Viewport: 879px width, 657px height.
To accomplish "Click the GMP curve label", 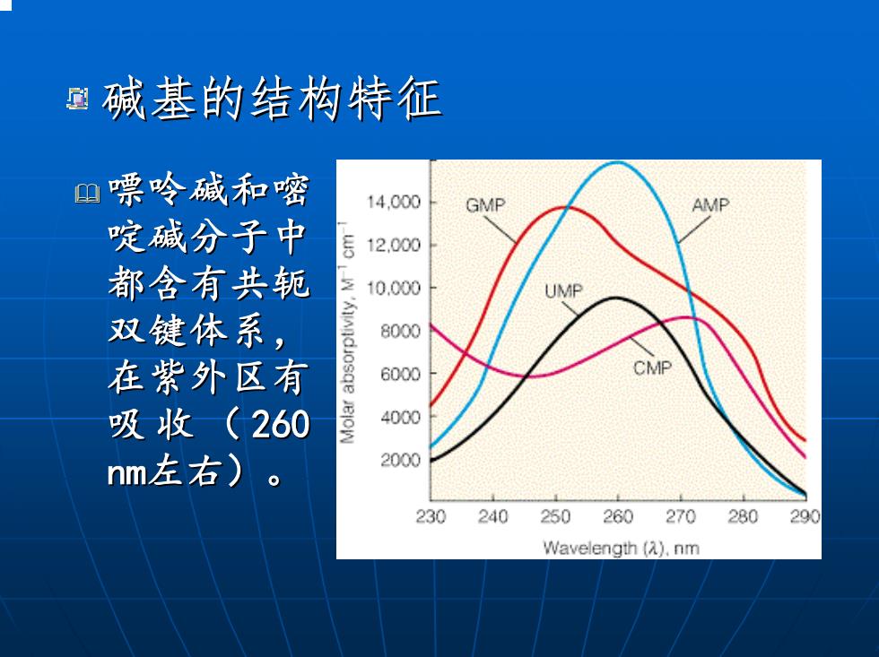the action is click(485, 205).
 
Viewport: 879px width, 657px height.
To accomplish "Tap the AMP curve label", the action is click(710, 205).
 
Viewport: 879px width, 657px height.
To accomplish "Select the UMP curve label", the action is click(563, 290).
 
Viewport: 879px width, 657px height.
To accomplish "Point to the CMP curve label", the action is click(652, 368).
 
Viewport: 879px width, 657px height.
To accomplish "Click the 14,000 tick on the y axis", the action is click(394, 202).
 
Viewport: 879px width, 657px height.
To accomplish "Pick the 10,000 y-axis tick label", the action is click(394, 288).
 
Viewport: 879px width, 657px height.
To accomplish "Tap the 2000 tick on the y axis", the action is click(400, 460).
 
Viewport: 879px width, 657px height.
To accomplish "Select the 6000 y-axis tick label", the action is click(400, 374).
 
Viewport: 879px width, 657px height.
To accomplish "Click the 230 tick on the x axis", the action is click(431, 516).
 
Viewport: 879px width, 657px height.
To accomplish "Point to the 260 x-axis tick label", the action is click(618, 516).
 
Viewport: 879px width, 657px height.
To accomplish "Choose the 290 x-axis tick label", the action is click(805, 516).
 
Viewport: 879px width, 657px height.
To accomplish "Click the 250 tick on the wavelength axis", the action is click(555, 516).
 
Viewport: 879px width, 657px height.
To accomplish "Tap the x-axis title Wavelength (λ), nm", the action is click(621, 548).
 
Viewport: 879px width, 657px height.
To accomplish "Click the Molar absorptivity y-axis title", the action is click(347, 333).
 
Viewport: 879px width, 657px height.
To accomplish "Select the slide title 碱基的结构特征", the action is click(272, 99).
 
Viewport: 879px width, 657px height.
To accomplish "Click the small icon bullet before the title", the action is click(77, 99).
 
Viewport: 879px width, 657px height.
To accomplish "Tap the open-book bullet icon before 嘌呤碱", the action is click(88, 194).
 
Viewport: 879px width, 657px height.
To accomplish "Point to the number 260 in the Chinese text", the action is click(280, 424).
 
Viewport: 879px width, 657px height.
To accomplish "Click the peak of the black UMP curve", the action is click(615, 298).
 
